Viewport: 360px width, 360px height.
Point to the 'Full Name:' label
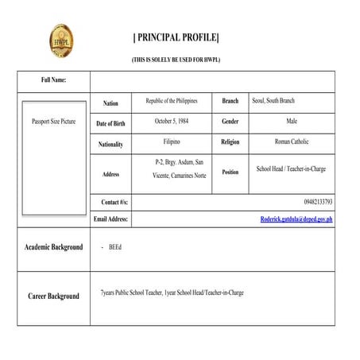point(53,80)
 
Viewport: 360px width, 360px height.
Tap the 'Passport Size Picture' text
point(53,122)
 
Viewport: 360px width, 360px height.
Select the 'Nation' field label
point(110,103)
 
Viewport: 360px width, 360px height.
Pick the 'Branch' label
point(230,101)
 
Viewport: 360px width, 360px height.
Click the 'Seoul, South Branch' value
point(273,101)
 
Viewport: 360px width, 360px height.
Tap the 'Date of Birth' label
point(110,124)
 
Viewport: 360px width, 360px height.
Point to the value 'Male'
point(292,122)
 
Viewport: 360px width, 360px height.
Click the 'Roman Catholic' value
point(292,142)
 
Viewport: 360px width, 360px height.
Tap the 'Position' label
point(230,172)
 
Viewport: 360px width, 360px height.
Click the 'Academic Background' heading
point(53,247)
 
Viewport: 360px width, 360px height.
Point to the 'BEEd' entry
point(114,247)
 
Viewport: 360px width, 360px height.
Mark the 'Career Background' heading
point(53,296)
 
